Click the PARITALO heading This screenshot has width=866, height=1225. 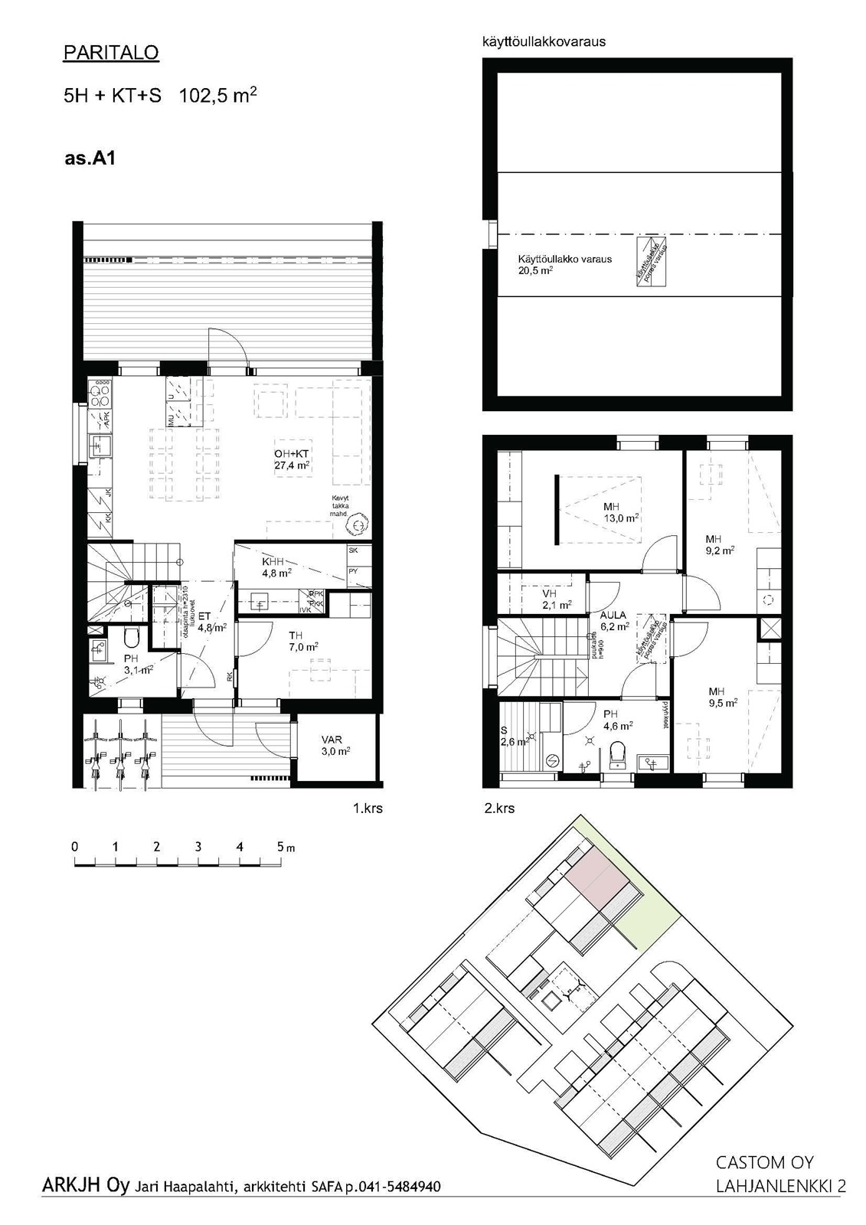[x=111, y=53]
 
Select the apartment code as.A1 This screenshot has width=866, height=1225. [x=90, y=158]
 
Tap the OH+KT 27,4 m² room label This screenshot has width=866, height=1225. [x=292, y=459]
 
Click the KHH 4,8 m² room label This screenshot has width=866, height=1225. [x=274, y=567]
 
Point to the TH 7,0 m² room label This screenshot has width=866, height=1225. [x=302, y=641]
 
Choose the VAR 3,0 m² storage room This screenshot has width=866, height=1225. [x=335, y=746]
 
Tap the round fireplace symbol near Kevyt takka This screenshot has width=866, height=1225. [x=357, y=525]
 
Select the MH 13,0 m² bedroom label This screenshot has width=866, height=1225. [x=620, y=512]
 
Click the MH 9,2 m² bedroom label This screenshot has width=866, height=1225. [x=720, y=544]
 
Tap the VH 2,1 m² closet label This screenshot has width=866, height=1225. [x=557, y=599]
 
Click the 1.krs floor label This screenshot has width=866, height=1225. [x=368, y=808]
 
